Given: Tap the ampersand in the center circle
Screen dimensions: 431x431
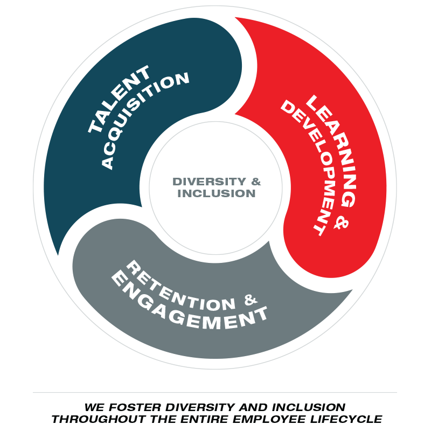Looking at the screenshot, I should (255, 182).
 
